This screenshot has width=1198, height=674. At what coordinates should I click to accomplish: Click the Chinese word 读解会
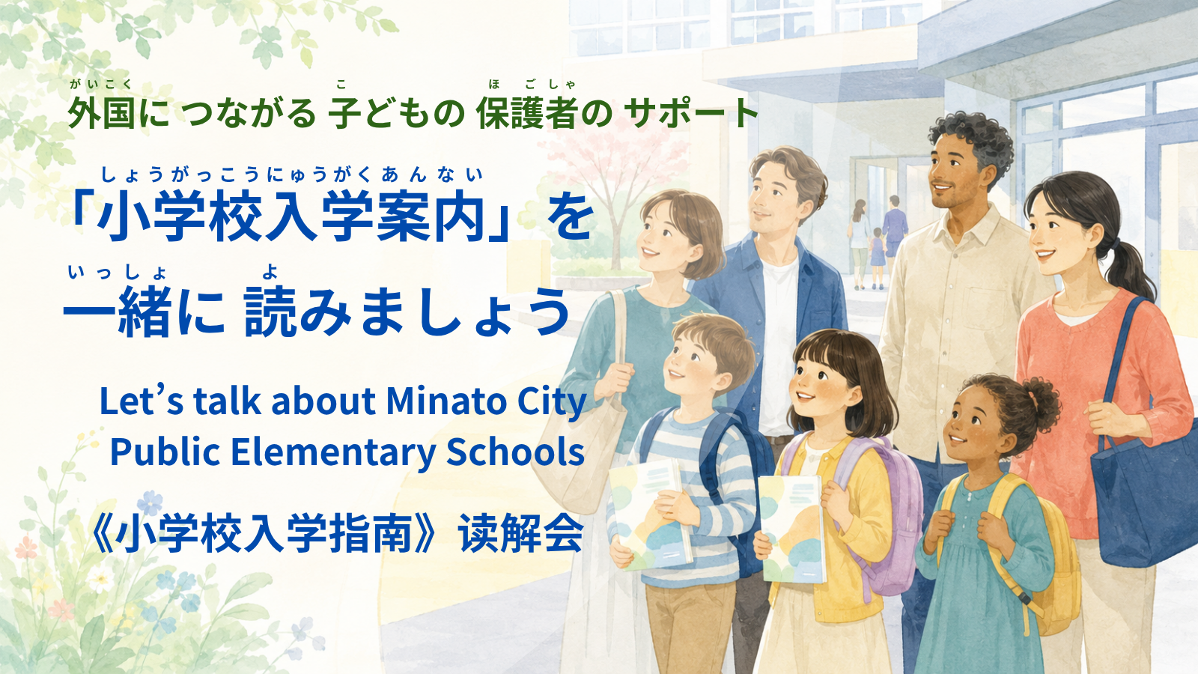click(521, 534)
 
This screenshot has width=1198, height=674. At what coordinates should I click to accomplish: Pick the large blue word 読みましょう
click(407, 312)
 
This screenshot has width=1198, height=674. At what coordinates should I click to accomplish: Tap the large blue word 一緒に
click(145, 312)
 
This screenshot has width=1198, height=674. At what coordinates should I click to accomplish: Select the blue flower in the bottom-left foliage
click(150, 503)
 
